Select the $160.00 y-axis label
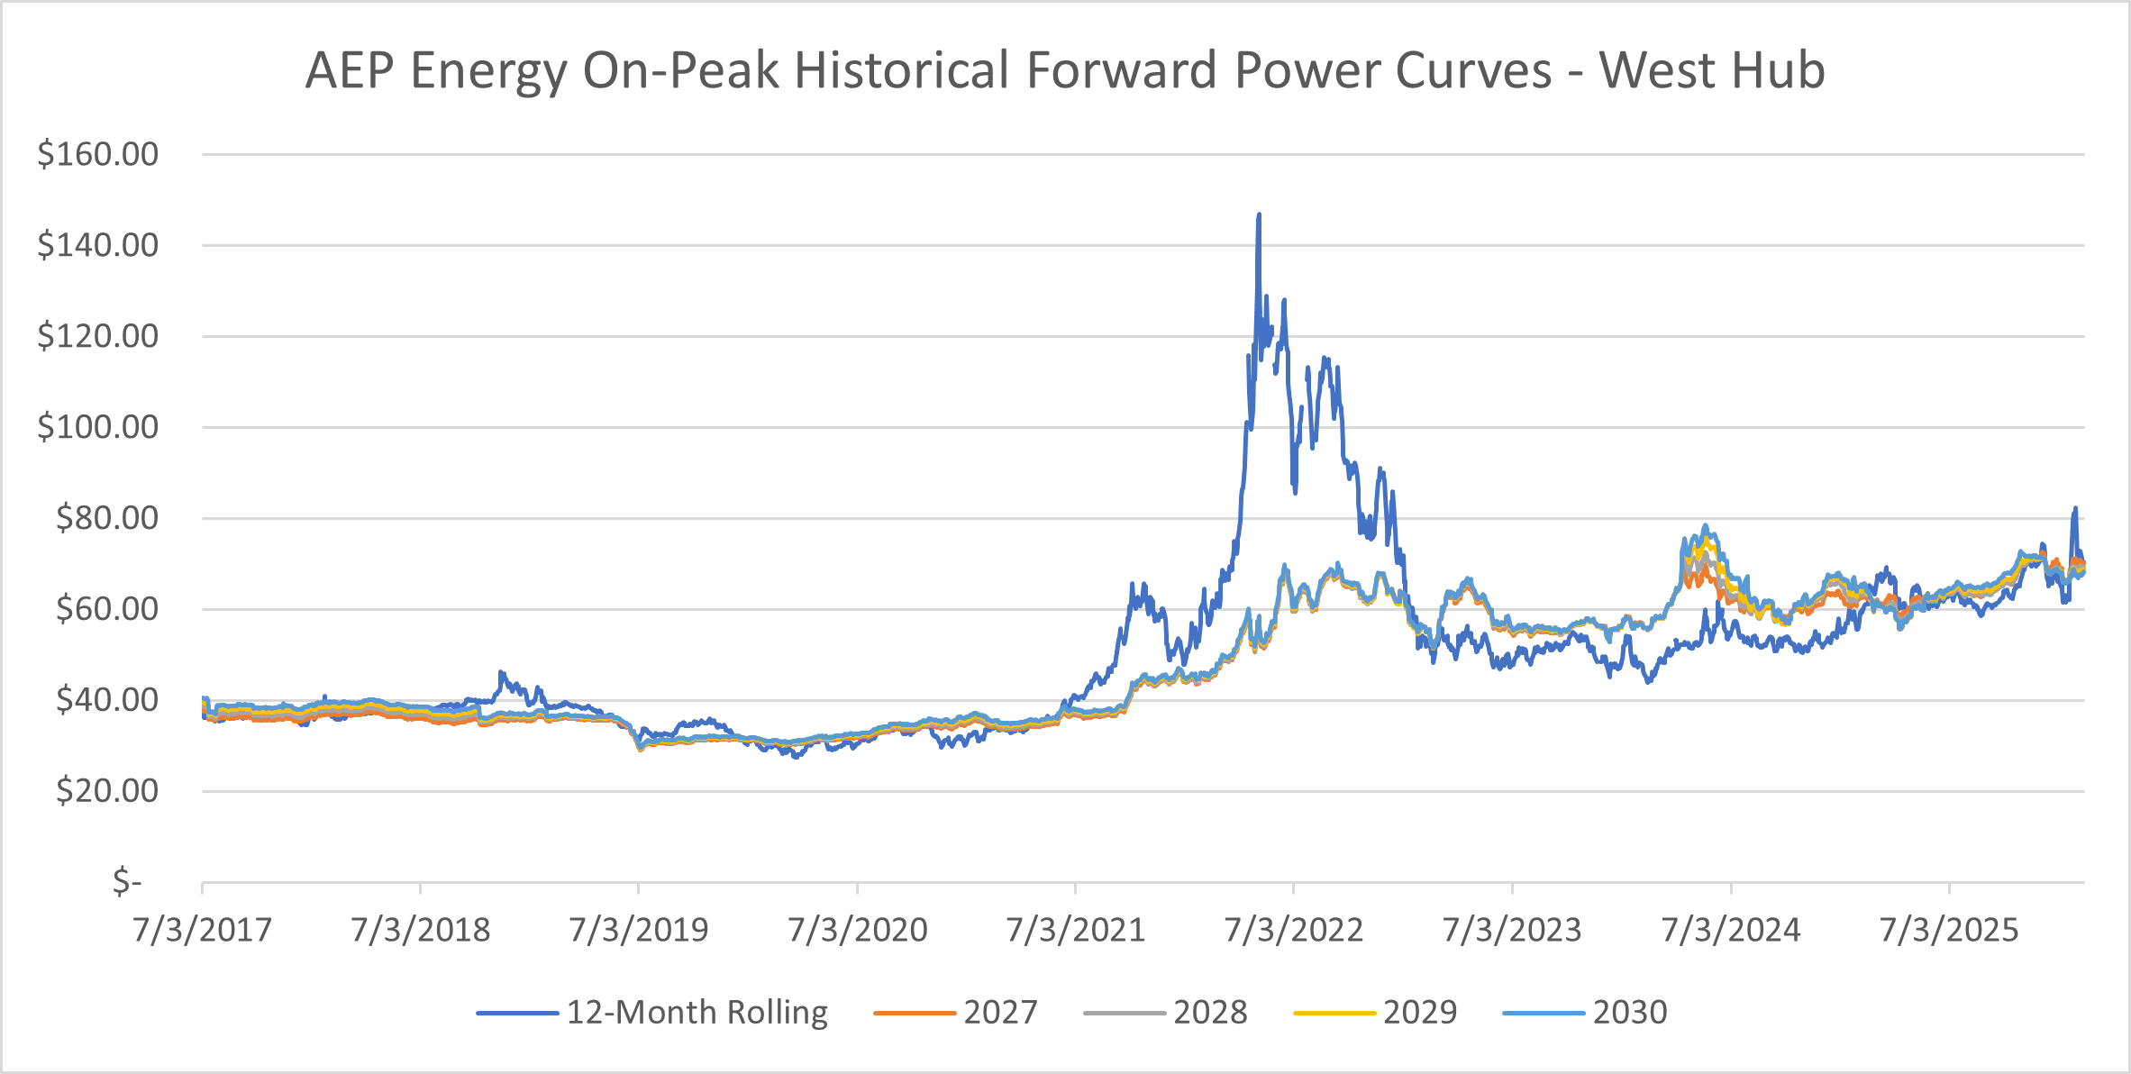[x=97, y=154]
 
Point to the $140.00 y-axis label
[x=97, y=245]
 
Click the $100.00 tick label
[x=97, y=427]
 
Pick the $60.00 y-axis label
[x=106, y=609]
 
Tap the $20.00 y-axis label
[x=106, y=791]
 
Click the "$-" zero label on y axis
[x=127, y=881]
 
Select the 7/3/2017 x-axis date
[x=202, y=930]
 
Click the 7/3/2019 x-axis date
[x=639, y=930]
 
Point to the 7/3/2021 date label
[x=1075, y=930]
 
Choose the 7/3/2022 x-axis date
[x=1294, y=930]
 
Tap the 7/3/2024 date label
[x=1730, y=930]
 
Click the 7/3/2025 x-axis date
[x=1949, y=930]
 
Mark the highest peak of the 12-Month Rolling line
[x=1259, y=215]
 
